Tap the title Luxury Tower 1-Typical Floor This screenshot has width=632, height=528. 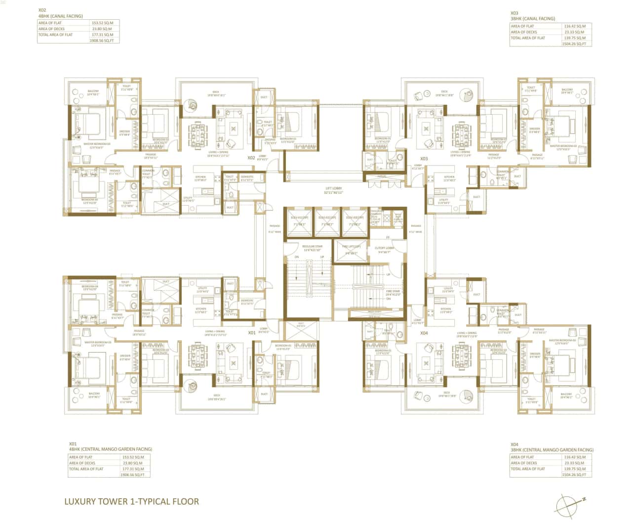coord(131,501)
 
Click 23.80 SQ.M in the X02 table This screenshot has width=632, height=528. coord(102,29)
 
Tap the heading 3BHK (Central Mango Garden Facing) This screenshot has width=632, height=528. coord(552,450)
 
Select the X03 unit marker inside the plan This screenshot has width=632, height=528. coord(424,159)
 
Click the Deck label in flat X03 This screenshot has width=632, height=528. coord(444,91)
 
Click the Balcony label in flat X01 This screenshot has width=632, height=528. coord(94,395)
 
